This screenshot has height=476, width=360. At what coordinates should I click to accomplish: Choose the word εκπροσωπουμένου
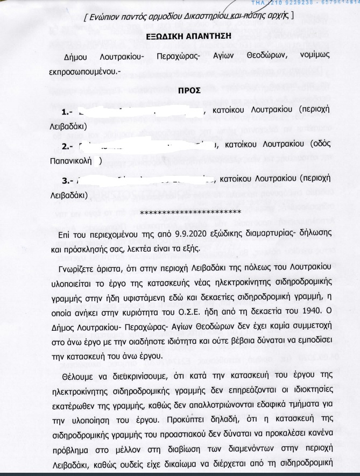89,70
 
